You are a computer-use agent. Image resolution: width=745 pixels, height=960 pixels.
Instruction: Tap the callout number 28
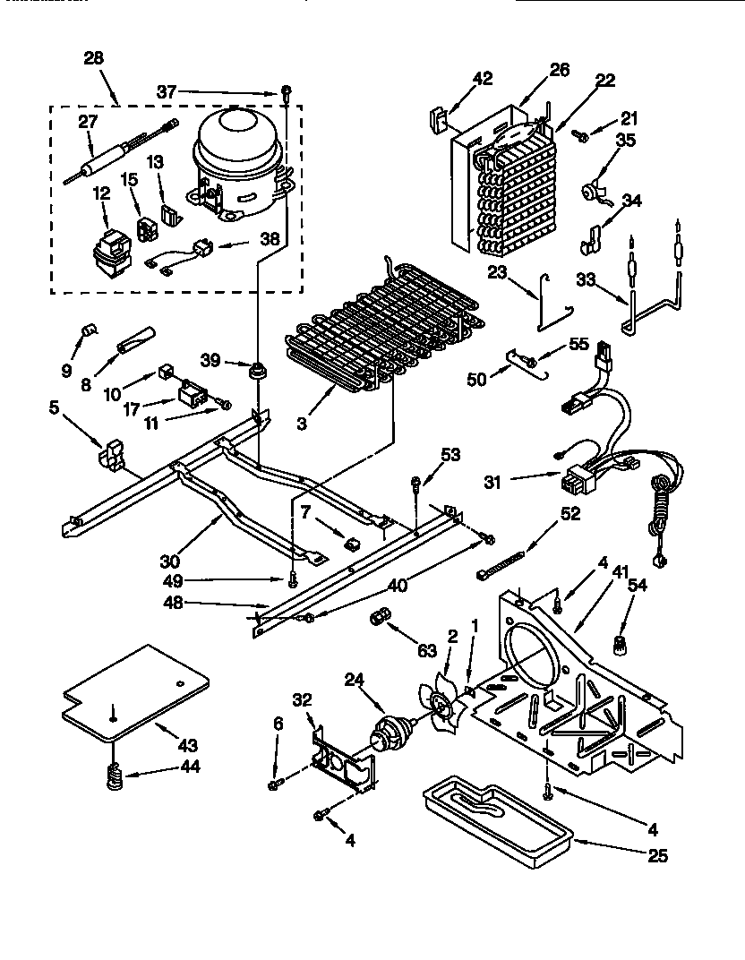coord(93,58)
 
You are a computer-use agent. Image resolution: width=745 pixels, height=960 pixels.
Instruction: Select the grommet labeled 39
coord(259,369)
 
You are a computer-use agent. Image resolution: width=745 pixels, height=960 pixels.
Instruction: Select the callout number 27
coord(88,123)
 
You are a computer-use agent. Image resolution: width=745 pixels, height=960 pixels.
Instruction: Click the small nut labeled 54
coord(616,642)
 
